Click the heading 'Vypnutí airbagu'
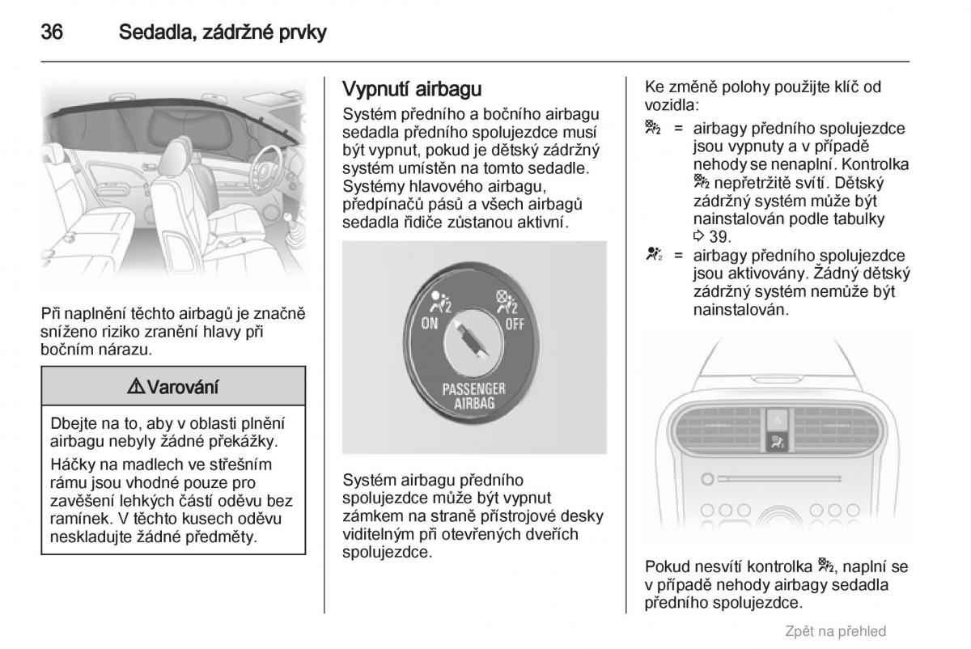point(413,88)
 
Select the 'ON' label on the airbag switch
point(430,324)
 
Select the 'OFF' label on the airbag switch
point(515,324)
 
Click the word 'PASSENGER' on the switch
point(473,388)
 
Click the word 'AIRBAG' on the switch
point(473,403)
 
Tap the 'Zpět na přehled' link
point(836,631)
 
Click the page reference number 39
point(719,237)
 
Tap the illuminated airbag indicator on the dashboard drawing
point(776,442)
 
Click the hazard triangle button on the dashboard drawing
point(776,419)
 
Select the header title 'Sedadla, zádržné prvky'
point(223,33)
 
